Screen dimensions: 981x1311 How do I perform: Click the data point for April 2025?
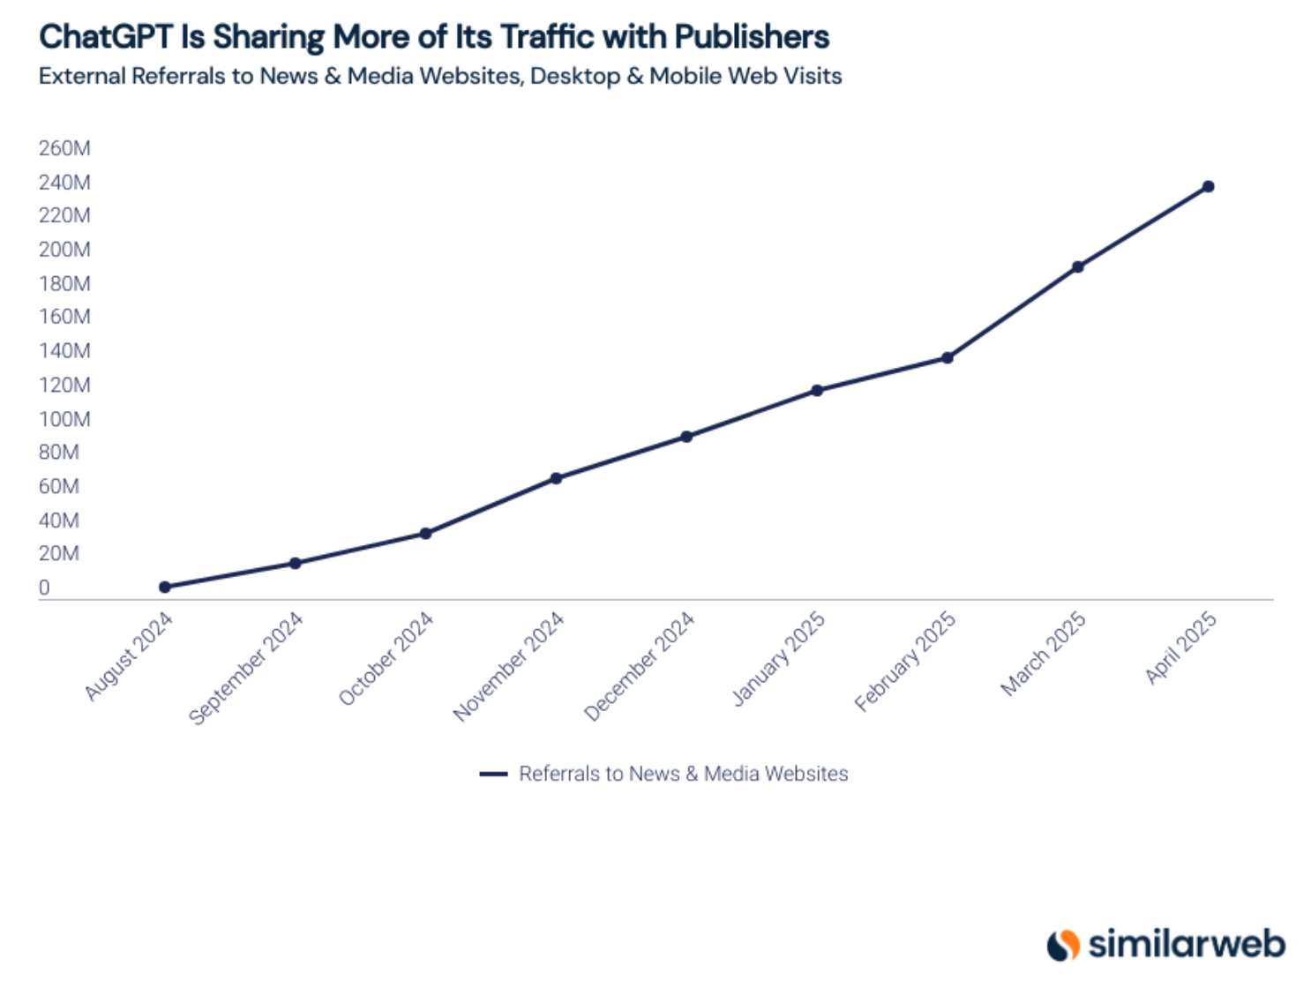1208,187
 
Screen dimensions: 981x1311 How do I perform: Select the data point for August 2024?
165,587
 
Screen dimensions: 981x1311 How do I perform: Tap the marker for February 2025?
947,358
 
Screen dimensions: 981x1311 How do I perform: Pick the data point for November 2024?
556,478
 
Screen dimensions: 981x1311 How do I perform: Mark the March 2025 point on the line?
1077,266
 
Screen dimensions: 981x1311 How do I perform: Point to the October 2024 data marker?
425,533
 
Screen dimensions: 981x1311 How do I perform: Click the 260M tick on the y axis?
64,148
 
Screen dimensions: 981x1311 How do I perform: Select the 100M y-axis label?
64,419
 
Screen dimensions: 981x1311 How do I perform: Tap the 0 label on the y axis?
44,588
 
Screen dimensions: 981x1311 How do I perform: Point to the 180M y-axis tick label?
64,283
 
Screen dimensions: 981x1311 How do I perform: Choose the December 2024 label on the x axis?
640,666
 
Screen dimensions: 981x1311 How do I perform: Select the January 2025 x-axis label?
779,659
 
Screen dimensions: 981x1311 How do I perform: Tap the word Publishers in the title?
752,37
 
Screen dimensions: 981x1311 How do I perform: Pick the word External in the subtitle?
82,77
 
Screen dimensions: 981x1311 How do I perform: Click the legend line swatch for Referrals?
493,774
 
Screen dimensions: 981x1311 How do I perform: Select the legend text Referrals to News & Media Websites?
683,774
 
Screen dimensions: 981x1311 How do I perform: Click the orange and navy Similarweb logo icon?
1063,945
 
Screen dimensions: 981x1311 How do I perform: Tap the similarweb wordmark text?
1187,944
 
